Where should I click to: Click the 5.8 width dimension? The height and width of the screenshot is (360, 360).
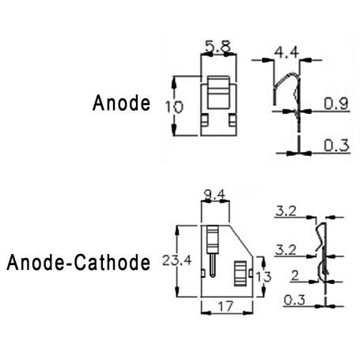(x=218, y=47)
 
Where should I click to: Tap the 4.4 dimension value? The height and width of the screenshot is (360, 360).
(x=286, y=52)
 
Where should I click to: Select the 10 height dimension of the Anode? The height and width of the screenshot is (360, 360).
(x=174, y=107)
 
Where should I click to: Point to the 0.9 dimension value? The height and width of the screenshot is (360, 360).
(x=336, y=104)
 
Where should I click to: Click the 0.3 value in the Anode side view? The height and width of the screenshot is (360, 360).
(x=336, y=146)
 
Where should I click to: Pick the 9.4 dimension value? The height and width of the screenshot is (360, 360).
(x=215, y=195)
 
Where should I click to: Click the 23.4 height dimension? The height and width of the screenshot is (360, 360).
(x=177, y=260)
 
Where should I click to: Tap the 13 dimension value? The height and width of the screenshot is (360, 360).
(x=263, y=277)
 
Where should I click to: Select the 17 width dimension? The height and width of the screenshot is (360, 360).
(x=226, y=306)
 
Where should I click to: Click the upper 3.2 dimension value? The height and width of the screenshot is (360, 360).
(x=286, y=211)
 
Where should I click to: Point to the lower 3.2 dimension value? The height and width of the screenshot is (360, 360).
(x=286, y=249)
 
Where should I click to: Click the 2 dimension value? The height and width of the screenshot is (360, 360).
(x=295, y=275)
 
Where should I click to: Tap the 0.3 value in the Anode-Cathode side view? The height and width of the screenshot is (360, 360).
(x=294, y=300)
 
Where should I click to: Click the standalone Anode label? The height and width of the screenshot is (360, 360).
(x=121, y=103)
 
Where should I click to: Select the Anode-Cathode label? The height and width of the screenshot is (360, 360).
(x=78, y=263)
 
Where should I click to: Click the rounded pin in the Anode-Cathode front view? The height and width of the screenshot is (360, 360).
(x=213, y=265)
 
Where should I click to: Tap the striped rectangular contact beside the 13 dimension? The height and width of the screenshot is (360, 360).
(x=241, y=274)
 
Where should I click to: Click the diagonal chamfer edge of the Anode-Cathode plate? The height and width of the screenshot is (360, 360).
(x=241, y=241)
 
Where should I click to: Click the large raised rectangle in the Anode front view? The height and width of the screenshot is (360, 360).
(x=218, y=93)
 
